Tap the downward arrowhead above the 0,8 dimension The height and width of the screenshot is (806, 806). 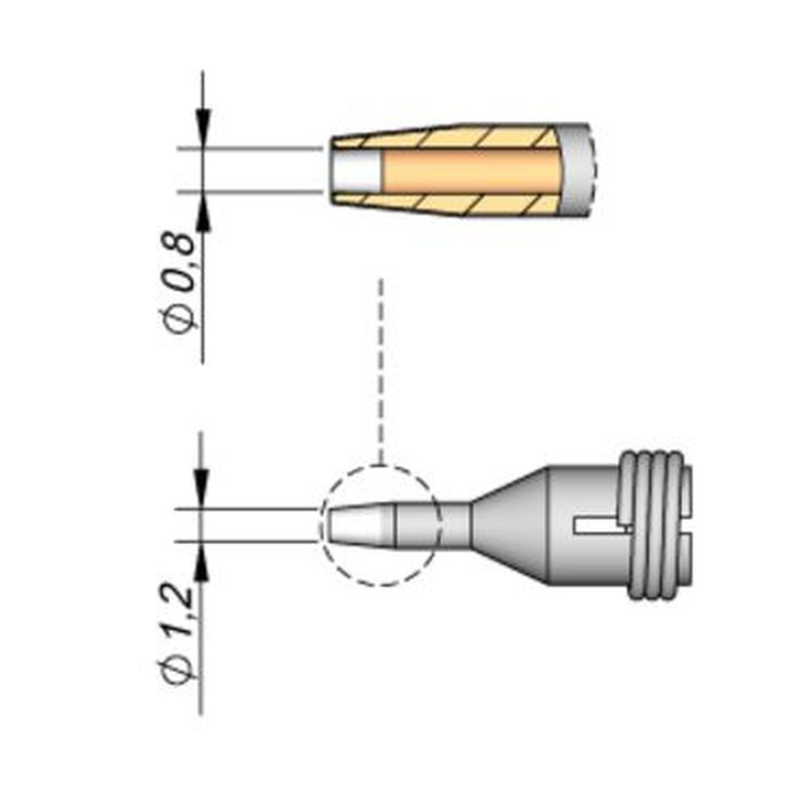pyautogui.click(x=202, y=129)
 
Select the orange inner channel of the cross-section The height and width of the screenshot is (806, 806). pyautogui.click(x=472, y=171)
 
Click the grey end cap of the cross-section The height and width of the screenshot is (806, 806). pyautogui.click(x=580, y=171)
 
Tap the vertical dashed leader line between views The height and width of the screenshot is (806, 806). pyautogui.click(x=381, y=371)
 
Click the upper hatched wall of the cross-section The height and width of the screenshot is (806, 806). pyautogui.click(x=451, y=138)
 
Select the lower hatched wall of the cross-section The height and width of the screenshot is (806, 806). pyautogui.click(x=451, y=204)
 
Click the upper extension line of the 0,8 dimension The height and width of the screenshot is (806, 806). pyautogui.click(x=250, y=149)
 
